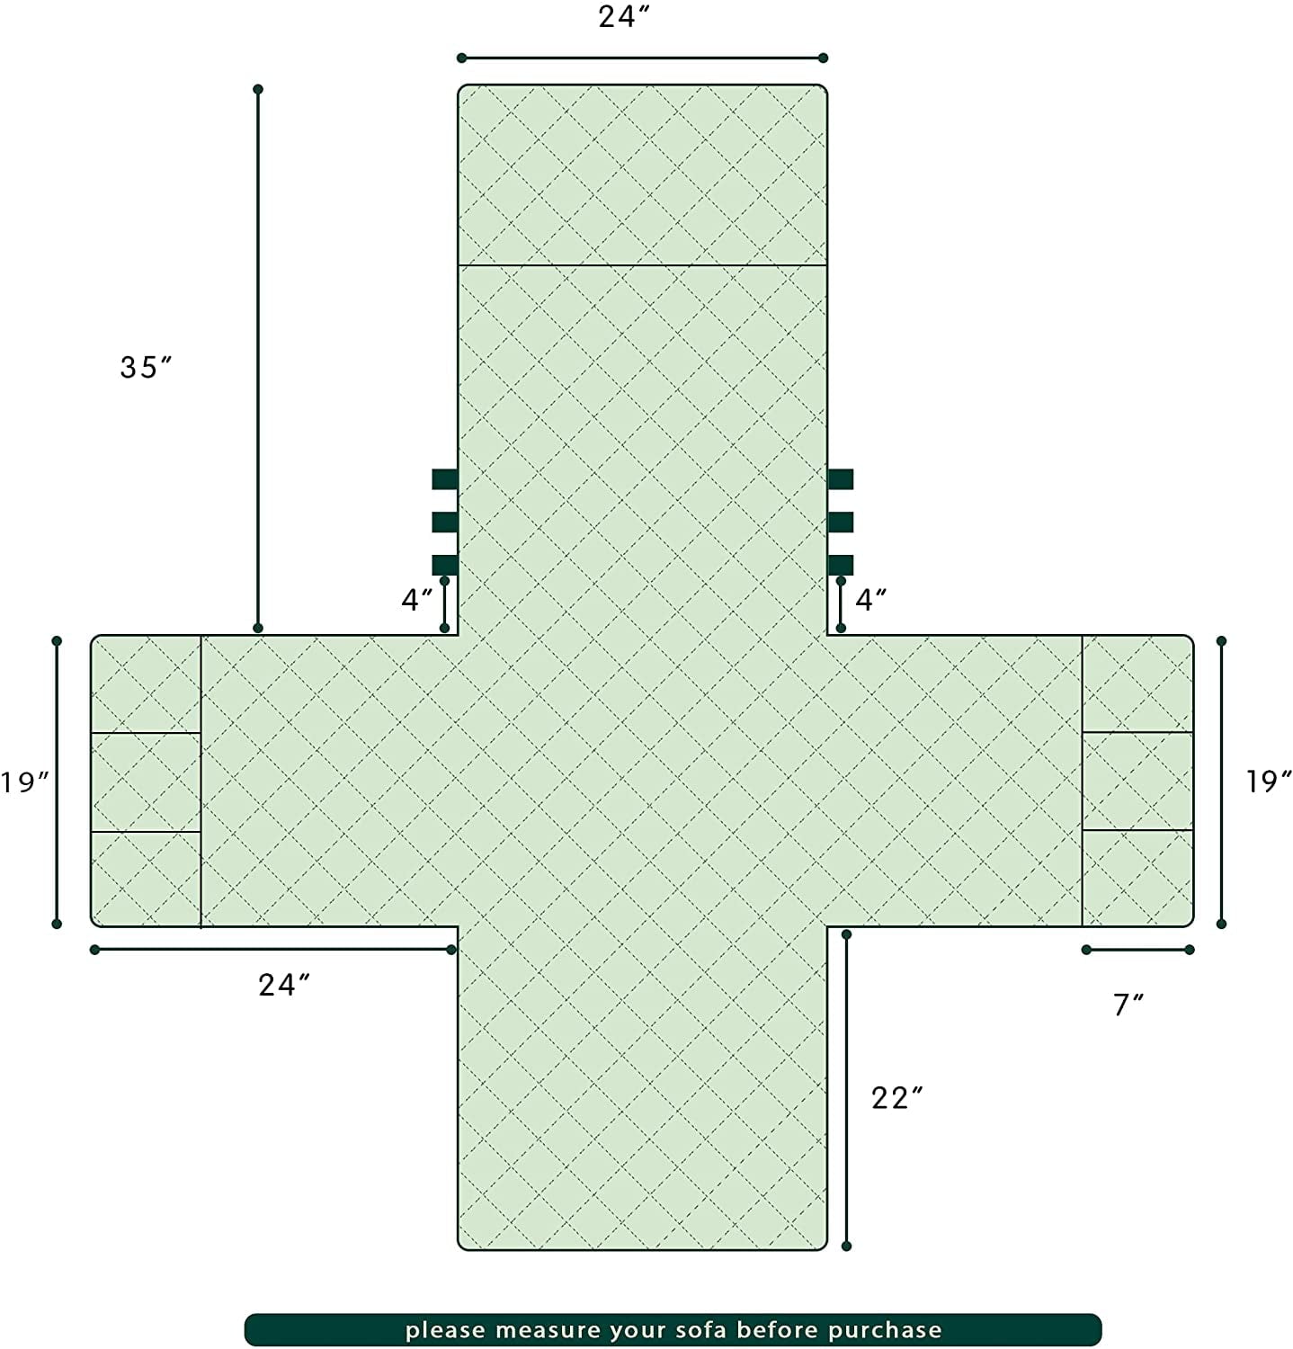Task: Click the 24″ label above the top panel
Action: pyautogui.click(x=623, y=17)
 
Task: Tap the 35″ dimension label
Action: pyautogui.click(x=146, y=367)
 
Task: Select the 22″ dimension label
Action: pyautogui.click(x=897, y=1098)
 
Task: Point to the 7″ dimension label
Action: pyautogui.click(x=1128, y=1005)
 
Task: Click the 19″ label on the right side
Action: pyautogui.click(x=1269, y=782)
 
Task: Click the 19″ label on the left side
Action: pyautogui.click(x=24, y=782)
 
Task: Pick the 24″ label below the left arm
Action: pyautogui.click(x=285, y=986)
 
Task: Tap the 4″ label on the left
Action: pyautogui.click(x=417, y=600)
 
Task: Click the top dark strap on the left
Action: pyautogui.click(x=445, y=479)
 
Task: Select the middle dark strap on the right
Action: pyautogui.click(x=840, y=523)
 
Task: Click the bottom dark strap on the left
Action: pyautogui.click(x=445, y=565)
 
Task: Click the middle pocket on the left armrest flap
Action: pyautogui.click(x=146, y=782)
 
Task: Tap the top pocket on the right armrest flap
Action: pyautogui.click(x=1137, y=683)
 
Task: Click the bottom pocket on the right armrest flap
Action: pyautogui.click(x=1137, y=878)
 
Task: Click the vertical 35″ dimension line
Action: pyautogui.click(x=258, y=358)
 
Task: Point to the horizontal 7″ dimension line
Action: pyautogui.click(x=1137, y=950)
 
